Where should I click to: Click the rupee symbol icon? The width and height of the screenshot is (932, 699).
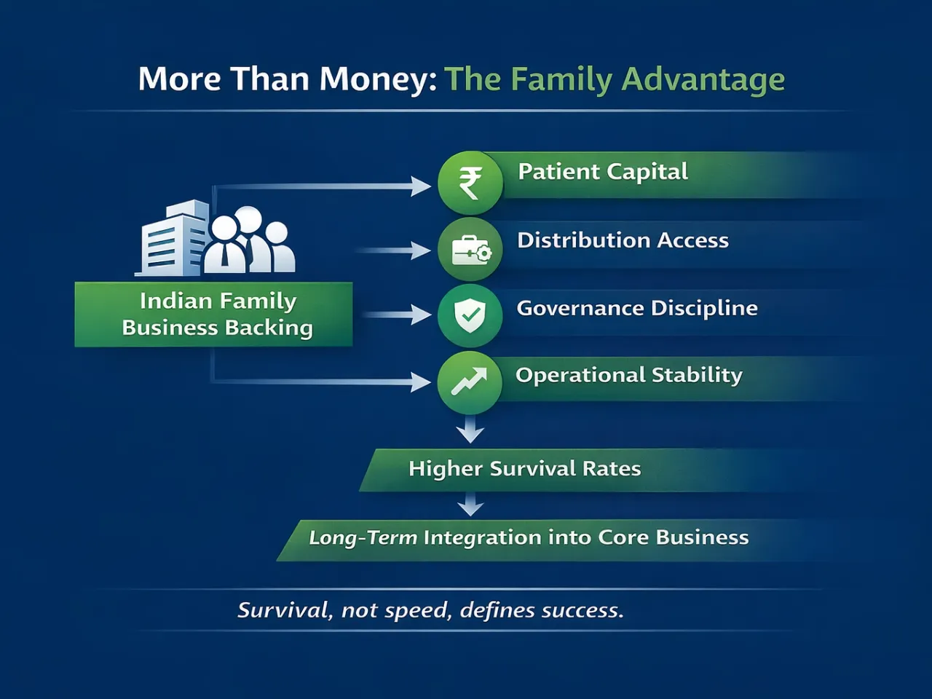470,183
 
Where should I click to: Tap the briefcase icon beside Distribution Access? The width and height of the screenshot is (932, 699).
470,250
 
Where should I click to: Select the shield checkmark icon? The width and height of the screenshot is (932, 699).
470,315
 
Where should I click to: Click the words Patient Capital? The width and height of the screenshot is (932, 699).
602,172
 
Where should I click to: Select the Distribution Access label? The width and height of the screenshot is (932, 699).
623,240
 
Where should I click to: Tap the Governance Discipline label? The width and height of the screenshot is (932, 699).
637,308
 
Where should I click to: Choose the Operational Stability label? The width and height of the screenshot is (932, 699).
629,375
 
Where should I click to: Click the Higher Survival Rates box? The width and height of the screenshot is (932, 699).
524,469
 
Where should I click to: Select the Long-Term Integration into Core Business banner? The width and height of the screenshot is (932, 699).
529,538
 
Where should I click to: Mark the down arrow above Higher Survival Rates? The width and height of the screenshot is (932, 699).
470,431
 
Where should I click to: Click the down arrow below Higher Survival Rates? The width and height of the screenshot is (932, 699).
470,505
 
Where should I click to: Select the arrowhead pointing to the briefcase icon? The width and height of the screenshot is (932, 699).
420,251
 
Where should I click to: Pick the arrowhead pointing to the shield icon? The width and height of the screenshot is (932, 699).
420,315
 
